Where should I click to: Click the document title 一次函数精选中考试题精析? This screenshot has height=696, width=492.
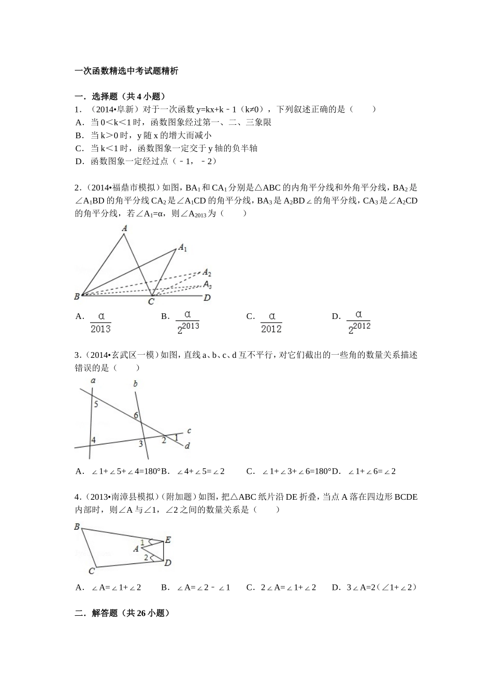(x=126, y=71)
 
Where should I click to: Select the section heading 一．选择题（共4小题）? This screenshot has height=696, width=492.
(x=120, y=96)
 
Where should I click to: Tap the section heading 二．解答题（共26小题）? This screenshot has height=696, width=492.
(x=122, y=613)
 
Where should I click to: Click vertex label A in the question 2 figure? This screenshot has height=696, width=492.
(x=124, y=228)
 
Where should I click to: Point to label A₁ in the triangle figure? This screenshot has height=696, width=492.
(x=182, y=248)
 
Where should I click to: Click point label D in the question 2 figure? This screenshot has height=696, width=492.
(x=207, y=298)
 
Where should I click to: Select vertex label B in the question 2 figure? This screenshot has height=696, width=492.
(x=77, y=297)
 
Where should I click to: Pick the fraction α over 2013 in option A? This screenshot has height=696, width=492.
(x=100, y=322)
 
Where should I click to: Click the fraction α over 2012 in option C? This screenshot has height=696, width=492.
(x=271, y=322)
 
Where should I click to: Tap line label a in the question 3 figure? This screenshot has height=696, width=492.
(x=93, y=381)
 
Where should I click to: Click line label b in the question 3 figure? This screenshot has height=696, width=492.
(x=135, y=384)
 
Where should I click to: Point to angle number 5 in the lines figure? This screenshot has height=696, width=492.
(x=96, y=404)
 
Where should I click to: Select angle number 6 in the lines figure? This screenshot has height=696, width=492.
(x=136, y=415)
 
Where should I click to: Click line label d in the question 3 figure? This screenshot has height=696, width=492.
(x=187, y=446)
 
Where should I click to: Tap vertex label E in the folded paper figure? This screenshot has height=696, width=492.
(x=168, y=540)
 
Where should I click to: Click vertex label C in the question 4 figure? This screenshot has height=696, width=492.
(x=91, y=571)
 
